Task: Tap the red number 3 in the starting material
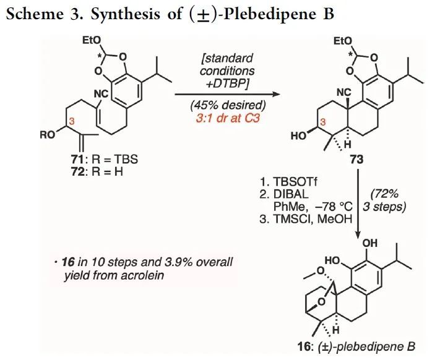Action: [x=72, y=122]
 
